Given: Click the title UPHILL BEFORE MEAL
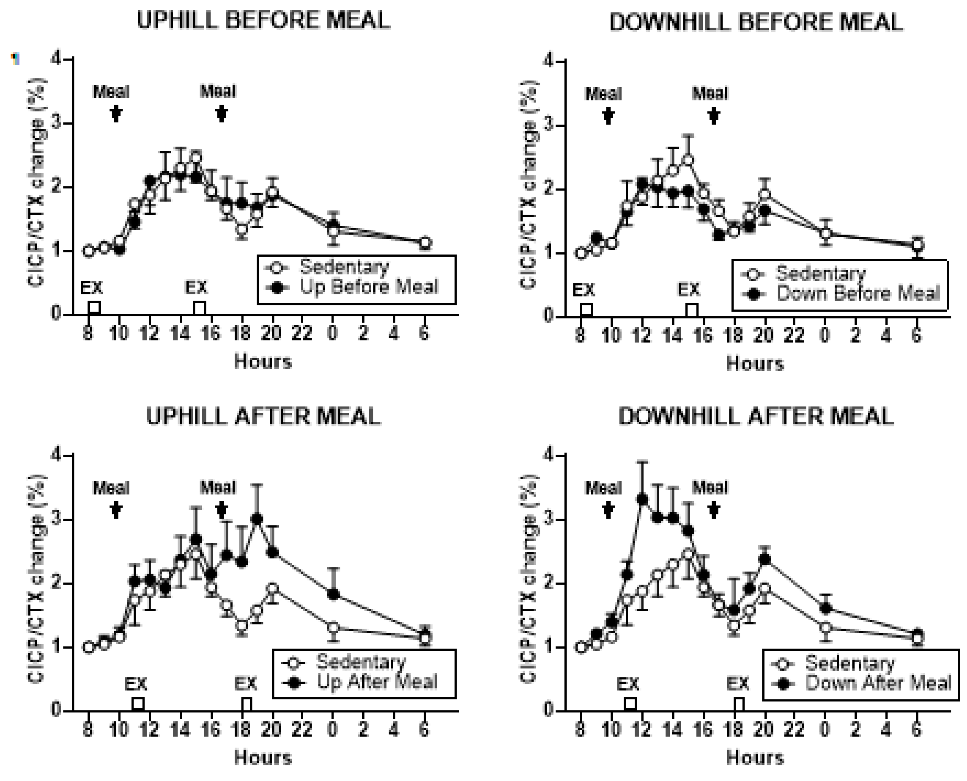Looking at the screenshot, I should point(263,21).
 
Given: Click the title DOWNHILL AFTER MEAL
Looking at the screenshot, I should point(756,416).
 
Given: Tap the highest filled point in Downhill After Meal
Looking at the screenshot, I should point(642,499).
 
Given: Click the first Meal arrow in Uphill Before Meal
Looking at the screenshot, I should point(116,113).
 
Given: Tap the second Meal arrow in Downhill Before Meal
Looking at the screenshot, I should point(713,116).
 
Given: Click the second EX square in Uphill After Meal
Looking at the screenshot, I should point(247,703).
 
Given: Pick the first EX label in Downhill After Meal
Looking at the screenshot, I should point(627,684).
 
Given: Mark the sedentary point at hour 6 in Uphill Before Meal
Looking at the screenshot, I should point(425,243).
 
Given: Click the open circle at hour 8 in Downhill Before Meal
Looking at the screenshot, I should point(580,253).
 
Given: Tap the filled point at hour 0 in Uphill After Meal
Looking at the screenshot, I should point(333,594).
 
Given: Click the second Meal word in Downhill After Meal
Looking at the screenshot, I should point(710,488).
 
